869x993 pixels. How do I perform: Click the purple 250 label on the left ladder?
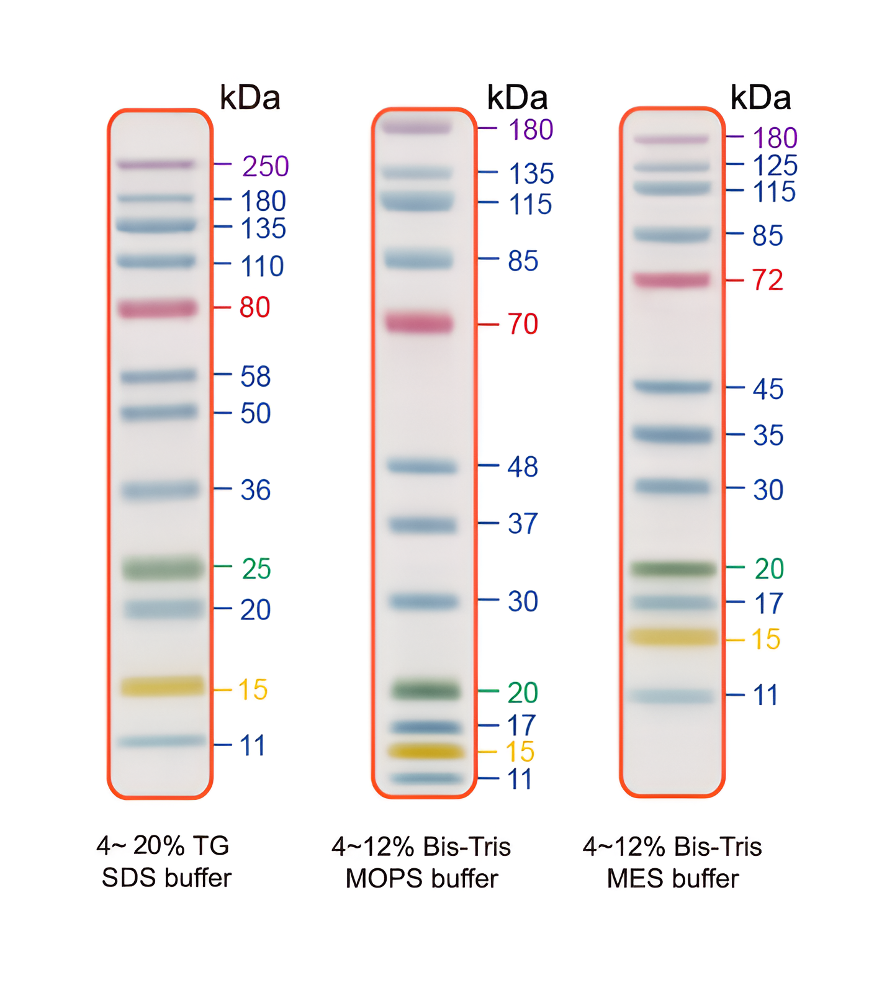[x=265, y=166]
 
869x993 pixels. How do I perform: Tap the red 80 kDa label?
[x=254, y=307]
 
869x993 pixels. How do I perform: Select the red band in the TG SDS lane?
[x=158, y=308]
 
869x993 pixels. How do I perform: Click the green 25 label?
[x=256, y=568]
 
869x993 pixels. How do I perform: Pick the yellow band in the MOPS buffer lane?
[x=426, y=752]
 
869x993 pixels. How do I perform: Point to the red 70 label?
[x=523, y=324]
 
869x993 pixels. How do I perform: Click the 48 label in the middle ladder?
[x=523, y=467]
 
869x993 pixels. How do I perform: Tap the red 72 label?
[x=768, y=280]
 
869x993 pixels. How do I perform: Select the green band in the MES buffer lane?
[x=673, y=568]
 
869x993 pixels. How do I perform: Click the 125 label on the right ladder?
[x=775, y=166]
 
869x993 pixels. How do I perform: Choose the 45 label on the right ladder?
[x=768, y=389]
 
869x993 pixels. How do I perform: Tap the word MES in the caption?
[x=633, y=879]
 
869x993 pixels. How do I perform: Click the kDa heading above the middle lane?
[x=517, y=98]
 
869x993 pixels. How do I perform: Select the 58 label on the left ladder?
[x=256, y=377]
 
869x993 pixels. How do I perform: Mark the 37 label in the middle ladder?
[x=523, y=524]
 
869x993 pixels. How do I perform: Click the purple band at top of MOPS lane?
[x=416, y=127]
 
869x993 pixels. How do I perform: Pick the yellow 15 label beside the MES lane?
[x=766, y=639]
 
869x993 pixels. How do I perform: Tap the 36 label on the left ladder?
[x=256, y=490]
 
